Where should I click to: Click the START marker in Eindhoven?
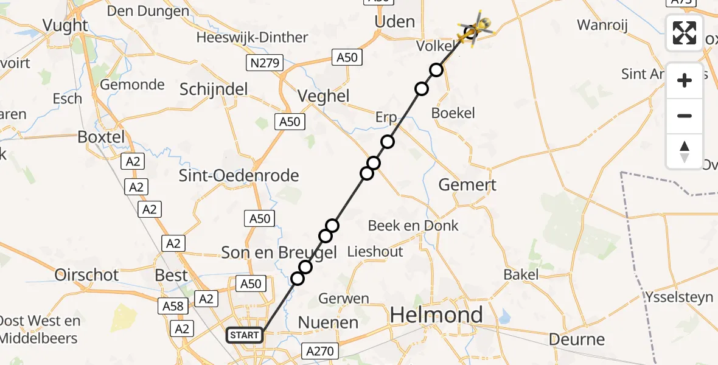pyautogui.click(x=245, y=335)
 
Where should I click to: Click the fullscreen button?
pyautogui.click(x=685, y=33)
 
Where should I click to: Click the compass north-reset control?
pyautogui.click(x=685, y=151)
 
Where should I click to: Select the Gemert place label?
pyautogui.click(x=467, y=185)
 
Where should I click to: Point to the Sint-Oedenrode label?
pyautogui.click(x=239, y=176)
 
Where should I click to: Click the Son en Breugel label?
pyautogui.click(x=279, y=252)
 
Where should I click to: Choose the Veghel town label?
pyautogui.click(x=323, y=96)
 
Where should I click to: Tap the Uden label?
pyautogui.click(x=395, y=22)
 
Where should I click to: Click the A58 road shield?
pyautogui.click(x=173, y=306)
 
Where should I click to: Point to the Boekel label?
pyautogui.click(x=453, y=113)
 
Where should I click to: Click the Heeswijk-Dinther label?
pyautogui.click(x=252, y=38)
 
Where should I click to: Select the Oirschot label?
pyautogui.click(x=86, y=275)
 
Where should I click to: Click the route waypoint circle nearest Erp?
pyautogui.click(x=388, y=142)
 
